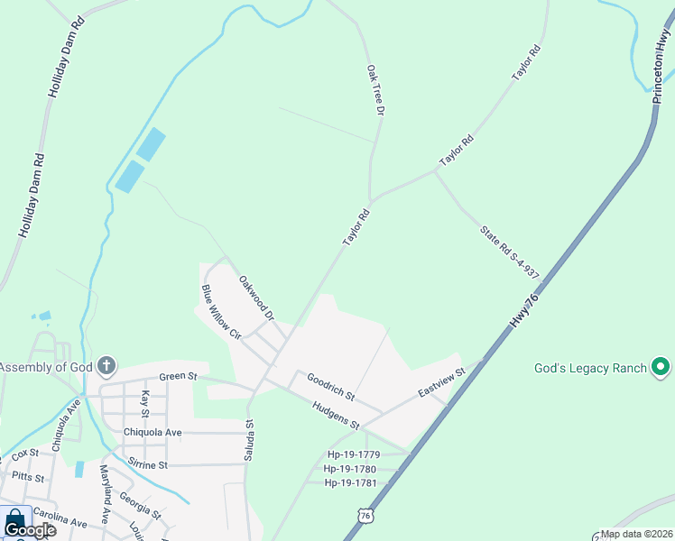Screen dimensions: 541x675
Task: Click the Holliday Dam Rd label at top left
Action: tap(60, 60)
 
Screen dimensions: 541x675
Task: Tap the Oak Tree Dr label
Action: tap(375, 89)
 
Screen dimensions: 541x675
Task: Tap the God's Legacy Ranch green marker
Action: tap(660, 367)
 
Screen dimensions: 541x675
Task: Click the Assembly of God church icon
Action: tap(106, 366)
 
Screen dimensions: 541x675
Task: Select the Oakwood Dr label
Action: tap(256, 298)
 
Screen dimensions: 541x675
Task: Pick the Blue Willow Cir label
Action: tap(221, 312)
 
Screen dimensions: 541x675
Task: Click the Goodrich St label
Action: tap(330, 387)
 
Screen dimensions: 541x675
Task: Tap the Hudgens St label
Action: tap(336, 414)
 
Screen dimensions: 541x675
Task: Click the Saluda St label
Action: tap(249, 441)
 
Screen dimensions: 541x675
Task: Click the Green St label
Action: tap(177, 377)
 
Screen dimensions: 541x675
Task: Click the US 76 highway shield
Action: tap(365, 515)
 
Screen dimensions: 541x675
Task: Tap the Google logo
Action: tap(30, 530)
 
